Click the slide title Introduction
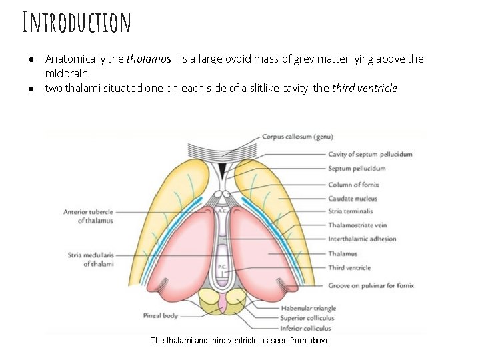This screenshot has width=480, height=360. [76, 22]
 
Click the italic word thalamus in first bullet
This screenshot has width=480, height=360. [149, 59]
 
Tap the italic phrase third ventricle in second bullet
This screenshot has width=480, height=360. [364, 88]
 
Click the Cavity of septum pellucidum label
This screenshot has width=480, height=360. [370, 154]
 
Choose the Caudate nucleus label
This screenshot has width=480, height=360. [353, 198]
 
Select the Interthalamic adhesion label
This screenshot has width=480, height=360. [362, 239]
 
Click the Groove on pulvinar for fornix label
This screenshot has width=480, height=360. [371, 285]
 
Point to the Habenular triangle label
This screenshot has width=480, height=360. [309, 308]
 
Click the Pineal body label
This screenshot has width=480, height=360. [161, 315]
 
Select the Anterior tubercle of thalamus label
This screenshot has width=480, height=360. [89, 216]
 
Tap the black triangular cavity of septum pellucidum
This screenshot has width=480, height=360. [223, 171]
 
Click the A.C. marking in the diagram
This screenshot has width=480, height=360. [221, 209]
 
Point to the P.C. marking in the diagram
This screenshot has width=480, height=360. [222, 267]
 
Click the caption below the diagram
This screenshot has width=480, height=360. [240, 341]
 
